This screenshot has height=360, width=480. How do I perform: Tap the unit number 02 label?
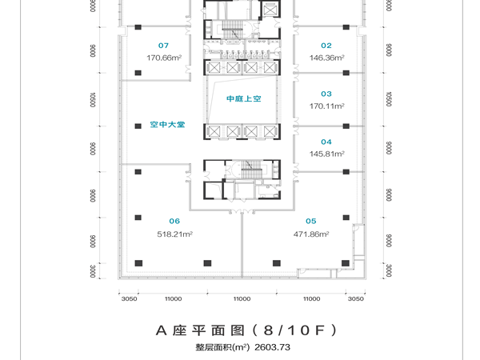click(326, 46)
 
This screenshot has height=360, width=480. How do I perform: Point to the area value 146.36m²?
click(327, 58)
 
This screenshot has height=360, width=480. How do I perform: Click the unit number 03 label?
click(326, 93)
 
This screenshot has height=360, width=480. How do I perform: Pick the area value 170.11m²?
click(327, 106)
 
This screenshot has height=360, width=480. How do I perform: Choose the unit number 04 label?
click(326, 142)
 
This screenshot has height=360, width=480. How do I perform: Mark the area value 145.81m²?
click(327, 154)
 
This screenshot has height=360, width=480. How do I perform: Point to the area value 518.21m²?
click(176, 234)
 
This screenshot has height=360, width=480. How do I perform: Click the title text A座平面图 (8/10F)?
click(241, 330)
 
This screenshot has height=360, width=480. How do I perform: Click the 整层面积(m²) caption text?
click(222, 347)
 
